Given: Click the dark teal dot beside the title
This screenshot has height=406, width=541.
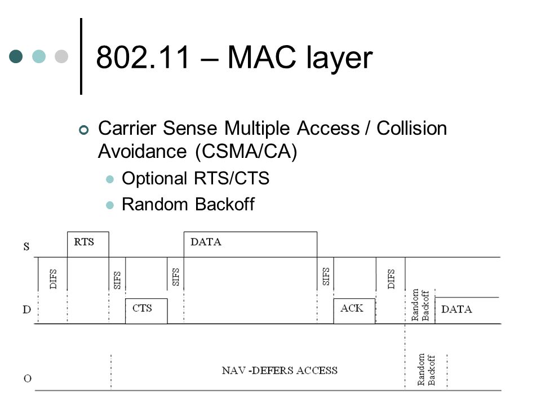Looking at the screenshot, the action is [16, 56].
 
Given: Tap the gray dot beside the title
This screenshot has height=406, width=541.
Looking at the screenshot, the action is [61, 56].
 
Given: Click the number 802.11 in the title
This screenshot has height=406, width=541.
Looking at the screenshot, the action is [143, 57].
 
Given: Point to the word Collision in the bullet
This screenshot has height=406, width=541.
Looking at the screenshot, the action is [411, 128].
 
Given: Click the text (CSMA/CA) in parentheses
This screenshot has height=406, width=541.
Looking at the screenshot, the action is [246, 151].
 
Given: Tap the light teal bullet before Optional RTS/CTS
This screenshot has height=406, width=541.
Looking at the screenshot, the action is [110, 179].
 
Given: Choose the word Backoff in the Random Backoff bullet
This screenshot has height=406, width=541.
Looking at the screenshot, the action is [225, 204].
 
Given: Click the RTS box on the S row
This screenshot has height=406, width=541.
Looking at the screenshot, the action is [88, 244].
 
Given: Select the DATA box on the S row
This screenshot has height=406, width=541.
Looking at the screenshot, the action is [250, 244].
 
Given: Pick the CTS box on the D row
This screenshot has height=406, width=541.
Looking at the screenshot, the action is [147, 311].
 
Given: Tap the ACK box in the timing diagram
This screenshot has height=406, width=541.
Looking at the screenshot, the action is [354, 311].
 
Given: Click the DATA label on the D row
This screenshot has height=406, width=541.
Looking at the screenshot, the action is [456, 309].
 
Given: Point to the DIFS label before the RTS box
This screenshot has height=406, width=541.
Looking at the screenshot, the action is [53, 279].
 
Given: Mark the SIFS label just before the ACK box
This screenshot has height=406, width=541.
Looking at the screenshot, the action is [326, 276].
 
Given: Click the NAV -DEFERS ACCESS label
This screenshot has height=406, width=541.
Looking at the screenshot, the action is [280, 370].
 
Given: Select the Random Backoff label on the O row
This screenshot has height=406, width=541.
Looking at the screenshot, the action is [426, 370].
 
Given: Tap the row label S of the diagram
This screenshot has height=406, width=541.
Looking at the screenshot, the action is [26, 246].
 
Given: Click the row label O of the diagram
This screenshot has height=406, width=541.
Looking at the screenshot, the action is [28, 378].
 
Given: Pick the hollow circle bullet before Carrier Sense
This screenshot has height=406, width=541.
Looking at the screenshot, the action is [84, 130].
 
